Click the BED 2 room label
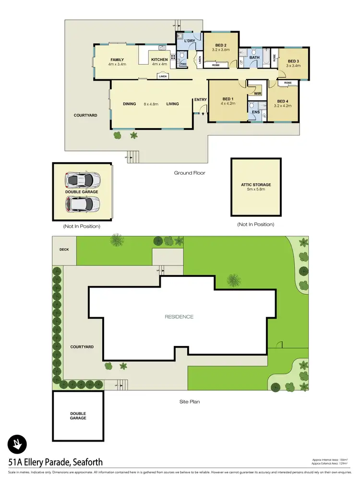(x=220, y=45)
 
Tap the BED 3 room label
(x=293, y=61)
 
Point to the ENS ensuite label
(x=256, y=112)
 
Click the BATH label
(x=254, y=58)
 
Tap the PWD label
(x=183, y=64)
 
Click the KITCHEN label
(x=159, y=60)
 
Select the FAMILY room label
(x=117, y=60)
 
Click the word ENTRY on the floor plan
(x=200, y=100)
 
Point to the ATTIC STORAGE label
(x=256, y=184)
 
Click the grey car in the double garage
(x=83, y=180)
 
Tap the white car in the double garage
(x=83, y=204)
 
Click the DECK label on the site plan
(x=64, y=250)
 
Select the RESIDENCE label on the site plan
(x=179, y=317)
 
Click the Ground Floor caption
(x=190, y=173)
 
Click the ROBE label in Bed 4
(x=288, y=83)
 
